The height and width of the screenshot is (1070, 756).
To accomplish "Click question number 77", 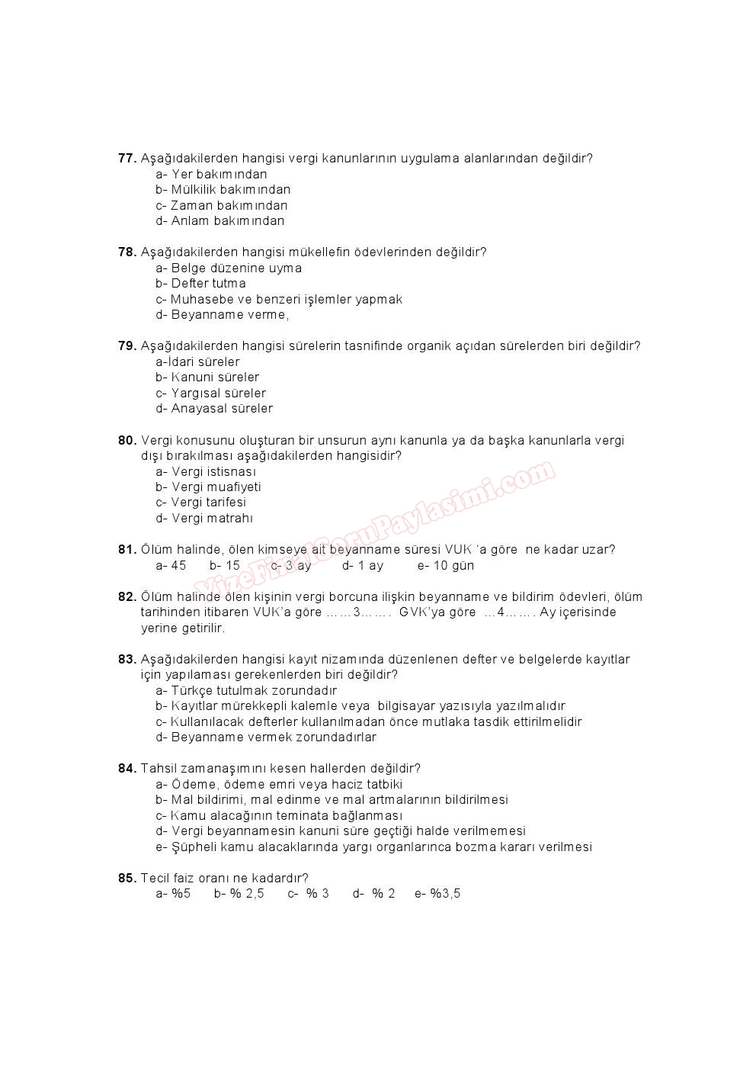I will [x=127, y=159].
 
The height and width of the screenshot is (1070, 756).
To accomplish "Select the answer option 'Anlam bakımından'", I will [x=219, y=221].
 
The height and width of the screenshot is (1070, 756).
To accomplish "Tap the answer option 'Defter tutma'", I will [x=200, y=284].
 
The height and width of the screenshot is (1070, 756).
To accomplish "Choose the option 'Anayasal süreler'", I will [x=214, y=409].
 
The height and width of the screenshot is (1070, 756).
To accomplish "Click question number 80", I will [x=127, y=440].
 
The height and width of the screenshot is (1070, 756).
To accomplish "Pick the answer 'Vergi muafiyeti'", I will [x=208, y=487].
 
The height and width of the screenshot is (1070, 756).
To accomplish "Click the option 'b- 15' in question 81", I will [x=225, y=566].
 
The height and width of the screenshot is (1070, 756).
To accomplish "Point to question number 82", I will [x=127, y=597].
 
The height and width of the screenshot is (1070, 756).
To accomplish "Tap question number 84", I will [x=127, y=769].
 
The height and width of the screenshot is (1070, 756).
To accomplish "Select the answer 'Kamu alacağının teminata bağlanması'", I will [x=278, y=816].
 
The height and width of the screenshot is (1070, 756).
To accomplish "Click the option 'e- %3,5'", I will [x=437, y=894].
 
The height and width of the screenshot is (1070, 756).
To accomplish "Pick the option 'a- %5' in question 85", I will [x=173, y=894].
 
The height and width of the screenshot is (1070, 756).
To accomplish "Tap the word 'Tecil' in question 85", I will [x=155, y=879].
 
